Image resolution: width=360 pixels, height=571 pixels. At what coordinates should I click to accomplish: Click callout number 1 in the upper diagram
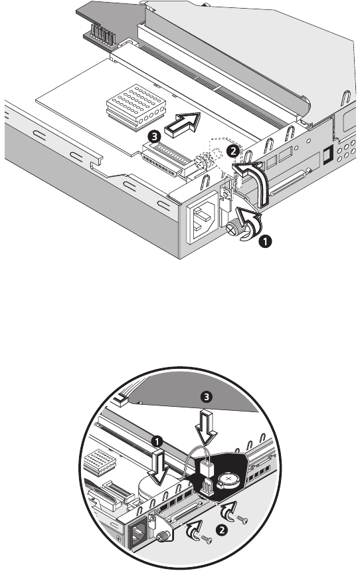pos(266,241)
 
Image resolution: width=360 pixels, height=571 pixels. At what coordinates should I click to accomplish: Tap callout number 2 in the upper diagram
pos(232,151)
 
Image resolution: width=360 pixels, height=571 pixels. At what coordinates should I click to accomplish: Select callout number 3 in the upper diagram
pos(155,138)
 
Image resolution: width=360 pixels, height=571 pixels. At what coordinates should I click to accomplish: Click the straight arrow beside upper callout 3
pos(183,124)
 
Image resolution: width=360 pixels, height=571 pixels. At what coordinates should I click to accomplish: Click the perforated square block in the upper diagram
pos(135,107)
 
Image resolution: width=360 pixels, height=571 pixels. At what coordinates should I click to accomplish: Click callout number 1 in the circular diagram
pos(157,442)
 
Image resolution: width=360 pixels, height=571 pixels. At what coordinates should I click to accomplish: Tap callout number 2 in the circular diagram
pos(221,529)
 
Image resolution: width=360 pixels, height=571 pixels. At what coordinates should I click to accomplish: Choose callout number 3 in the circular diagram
pos(207,397)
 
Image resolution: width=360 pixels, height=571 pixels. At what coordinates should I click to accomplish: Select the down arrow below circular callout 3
pos(206,427)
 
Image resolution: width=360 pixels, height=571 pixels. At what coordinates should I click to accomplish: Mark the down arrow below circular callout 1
pos(157,467)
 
